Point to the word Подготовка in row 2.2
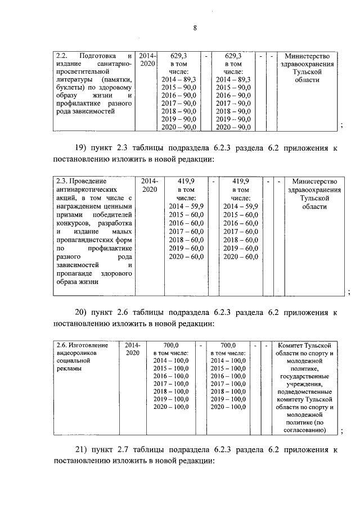click(x=98, y=56)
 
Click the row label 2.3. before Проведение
click(x=61, y=182)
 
